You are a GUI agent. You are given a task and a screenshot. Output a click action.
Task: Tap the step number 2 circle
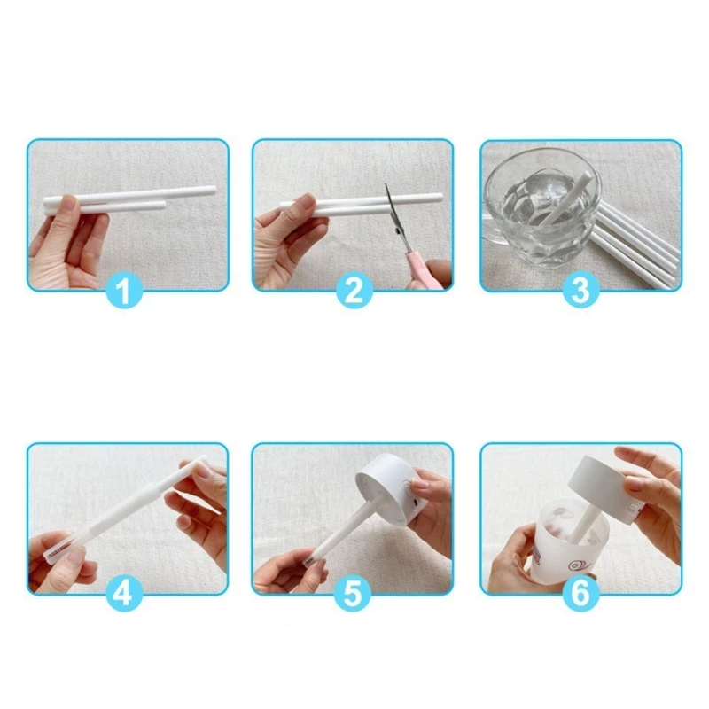tap(353, 291)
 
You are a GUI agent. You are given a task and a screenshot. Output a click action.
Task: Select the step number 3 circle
tap(580, 291)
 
